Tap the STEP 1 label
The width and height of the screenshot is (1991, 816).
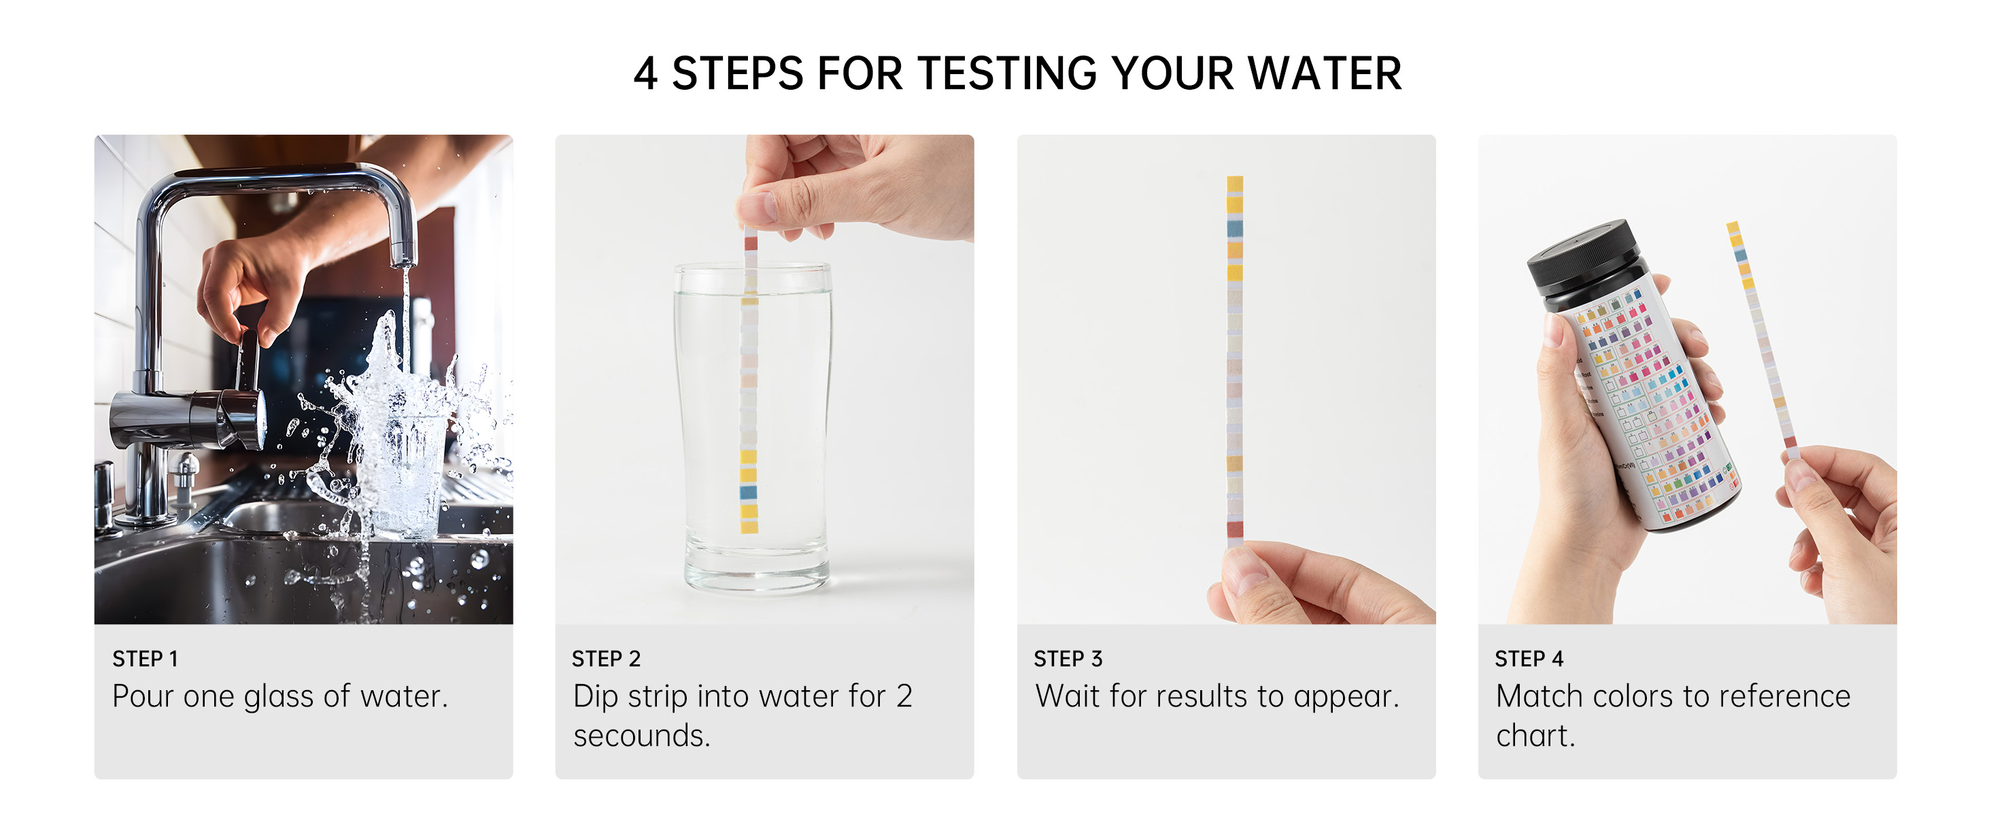[x=146, y=659]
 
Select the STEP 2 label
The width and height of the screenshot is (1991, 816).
[x=606, y=659]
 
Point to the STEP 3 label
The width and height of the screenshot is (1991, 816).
[x=1068, y=659]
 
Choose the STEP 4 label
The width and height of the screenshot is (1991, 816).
[x=1529, y=659]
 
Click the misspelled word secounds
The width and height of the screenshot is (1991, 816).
[x=641, y=736]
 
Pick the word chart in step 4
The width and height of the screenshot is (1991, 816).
[x=1535, y=736]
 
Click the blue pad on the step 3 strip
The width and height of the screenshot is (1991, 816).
[x=1235, y=228]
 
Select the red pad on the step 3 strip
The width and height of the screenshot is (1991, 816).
[x=1235, y=529]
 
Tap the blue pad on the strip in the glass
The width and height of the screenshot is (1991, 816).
[x=749, y=492]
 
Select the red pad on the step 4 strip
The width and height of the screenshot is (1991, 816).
[x=1790, y=443]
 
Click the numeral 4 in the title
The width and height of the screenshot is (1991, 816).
[x=646, y=74]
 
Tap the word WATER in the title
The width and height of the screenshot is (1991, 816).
[x=1325, y=74]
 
